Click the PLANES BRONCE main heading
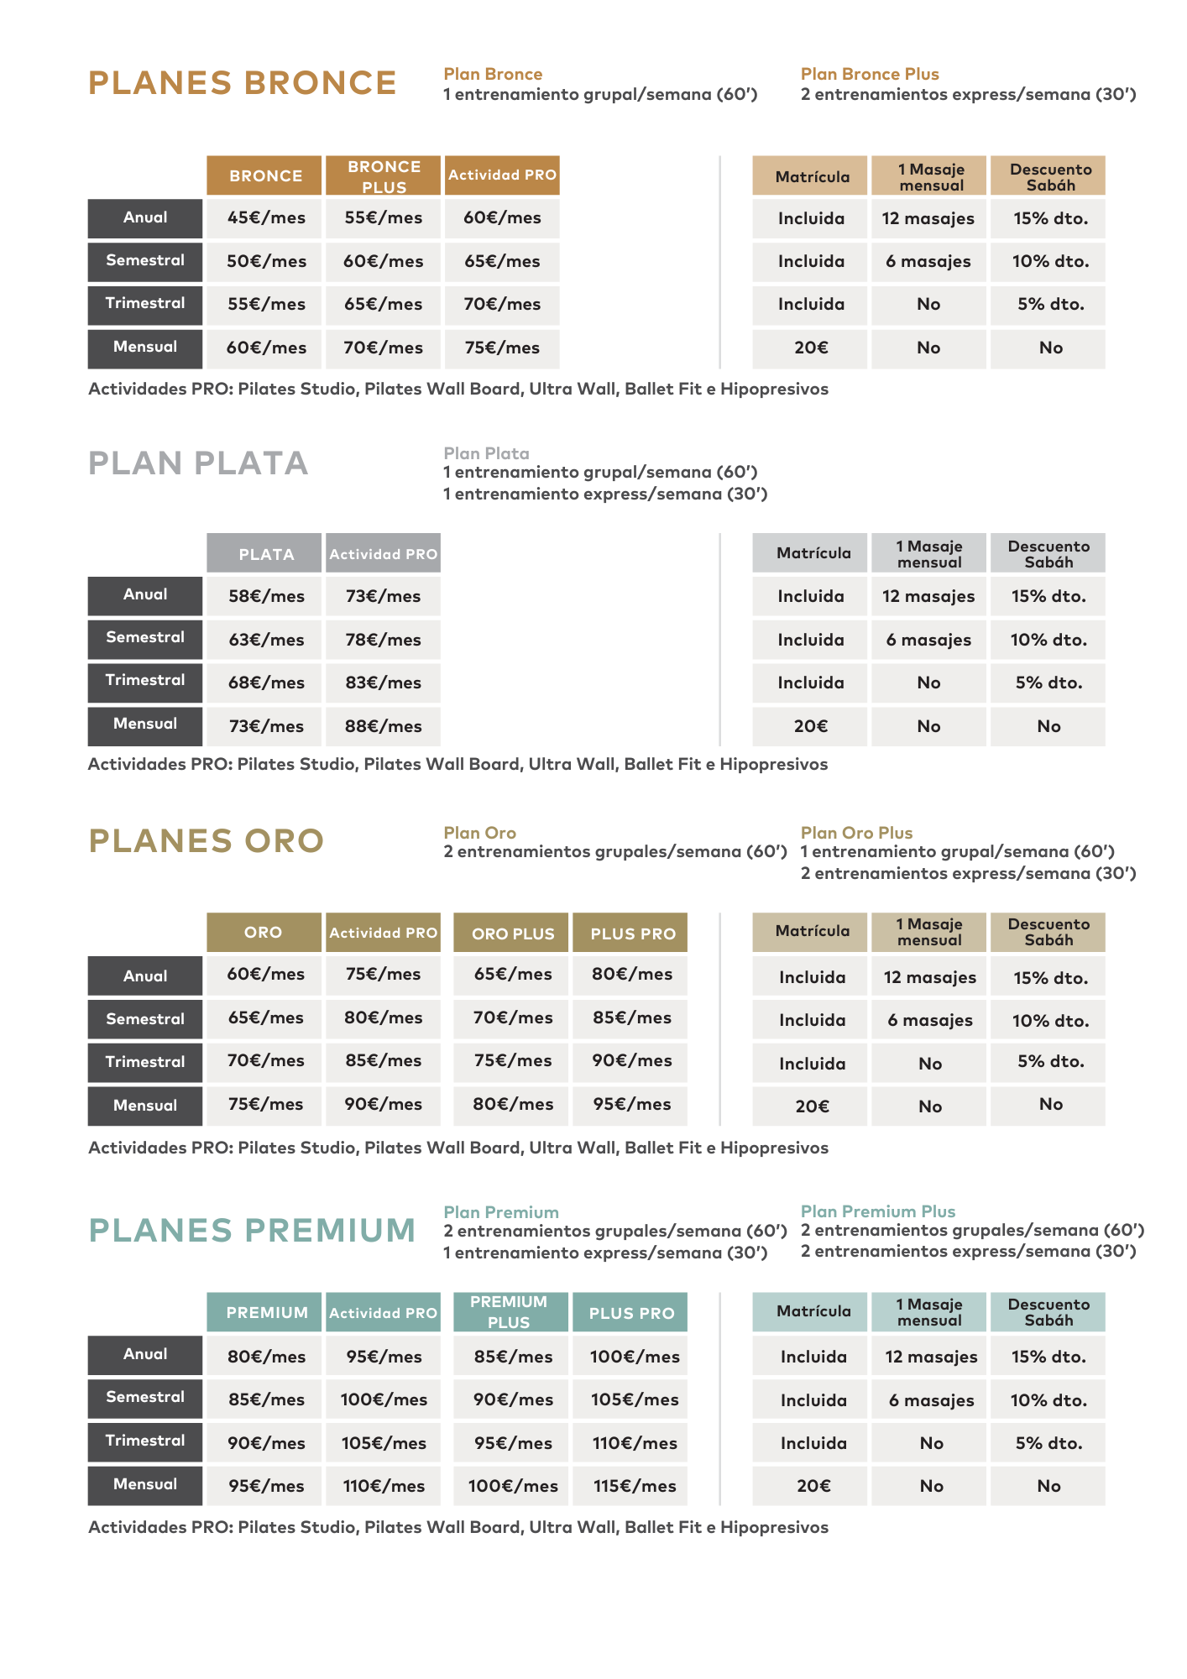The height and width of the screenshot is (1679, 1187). click(242, 83)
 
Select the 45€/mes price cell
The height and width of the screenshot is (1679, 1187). click(265, 218)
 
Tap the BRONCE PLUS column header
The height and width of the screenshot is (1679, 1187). click(384, 176)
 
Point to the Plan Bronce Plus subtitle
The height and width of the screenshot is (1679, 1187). click(869, 74)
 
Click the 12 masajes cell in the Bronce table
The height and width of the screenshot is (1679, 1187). click(928, 219)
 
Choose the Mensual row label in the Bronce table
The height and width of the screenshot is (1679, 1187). click(145, 348)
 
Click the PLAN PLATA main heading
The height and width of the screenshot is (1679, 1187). click(198, 463)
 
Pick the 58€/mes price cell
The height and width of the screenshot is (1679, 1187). click(265, 597)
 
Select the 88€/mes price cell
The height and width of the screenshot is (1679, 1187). click(383, 726)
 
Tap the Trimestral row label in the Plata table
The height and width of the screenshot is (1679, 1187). click(145, 681)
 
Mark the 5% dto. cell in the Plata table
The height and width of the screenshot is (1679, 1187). click(1048, 683)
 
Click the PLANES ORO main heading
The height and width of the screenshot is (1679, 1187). click(206, 841)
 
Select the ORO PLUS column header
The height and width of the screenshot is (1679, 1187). click(512, 934)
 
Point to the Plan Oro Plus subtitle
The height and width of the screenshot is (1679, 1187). click(856, 833)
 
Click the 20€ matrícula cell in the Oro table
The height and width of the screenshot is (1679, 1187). click(811, 1106)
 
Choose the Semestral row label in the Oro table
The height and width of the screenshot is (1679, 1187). click(145, 1019)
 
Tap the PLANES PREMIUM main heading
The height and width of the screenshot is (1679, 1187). click(252, 1231)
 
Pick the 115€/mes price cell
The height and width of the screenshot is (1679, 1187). click(634, 1486)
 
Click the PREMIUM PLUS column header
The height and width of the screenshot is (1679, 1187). click(509, 1312)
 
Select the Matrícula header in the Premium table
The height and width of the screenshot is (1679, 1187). click(813, 1311)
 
